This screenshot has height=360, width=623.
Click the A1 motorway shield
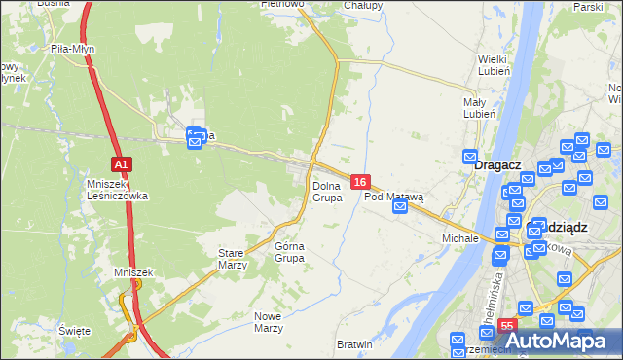tap(121, 164)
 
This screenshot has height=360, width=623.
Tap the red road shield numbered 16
tap(360, 182)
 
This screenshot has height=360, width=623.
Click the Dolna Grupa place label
tap(327, 191)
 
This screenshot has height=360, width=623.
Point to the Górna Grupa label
tap(290, 252)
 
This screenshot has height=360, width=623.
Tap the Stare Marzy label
tap(232, 258)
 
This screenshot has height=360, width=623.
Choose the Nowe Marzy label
tap(268, 321)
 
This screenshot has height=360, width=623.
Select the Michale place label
tap(460, 237)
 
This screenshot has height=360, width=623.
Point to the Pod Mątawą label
tap(394, 197)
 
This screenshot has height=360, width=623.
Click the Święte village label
tap(74, 331)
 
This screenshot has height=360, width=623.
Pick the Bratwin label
tap(354, 345)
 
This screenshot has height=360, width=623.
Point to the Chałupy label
tap(363, 5)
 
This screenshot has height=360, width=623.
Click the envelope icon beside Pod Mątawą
tap(399, 206)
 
